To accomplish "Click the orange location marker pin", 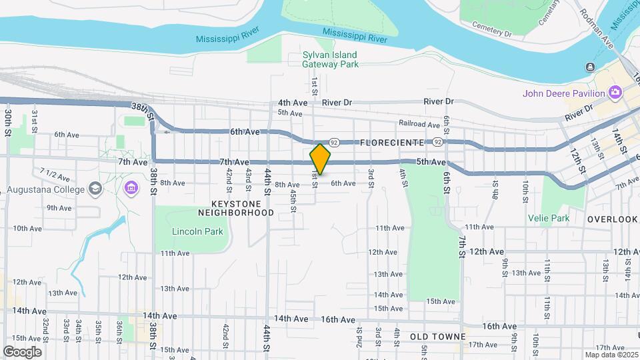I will tap(320, 159).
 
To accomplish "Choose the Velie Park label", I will tap(549, 218).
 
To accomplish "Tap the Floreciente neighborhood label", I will tap(391, 143).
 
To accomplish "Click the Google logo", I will tap(22, 352).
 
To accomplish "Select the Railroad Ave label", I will tap(419, 124).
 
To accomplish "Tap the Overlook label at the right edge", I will tap(612, 219).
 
